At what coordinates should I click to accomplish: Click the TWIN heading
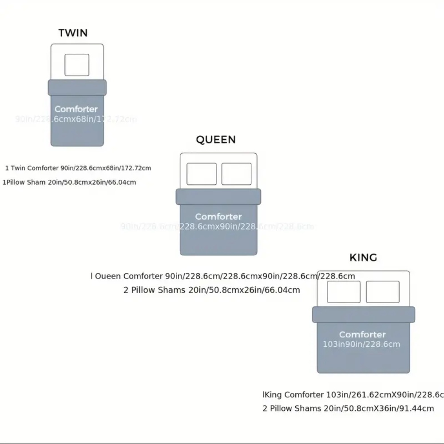73,33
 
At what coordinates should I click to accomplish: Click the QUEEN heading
216,140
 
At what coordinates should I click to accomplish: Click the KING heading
363,258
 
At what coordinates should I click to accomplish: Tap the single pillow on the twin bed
77,65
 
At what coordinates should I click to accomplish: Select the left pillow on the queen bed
202,174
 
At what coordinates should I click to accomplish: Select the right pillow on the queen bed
236,174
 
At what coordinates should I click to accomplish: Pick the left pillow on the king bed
344,292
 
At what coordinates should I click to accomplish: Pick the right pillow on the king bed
382,292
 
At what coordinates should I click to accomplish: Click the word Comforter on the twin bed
76,109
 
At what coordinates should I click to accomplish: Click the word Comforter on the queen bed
218,217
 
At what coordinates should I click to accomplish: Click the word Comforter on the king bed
362,334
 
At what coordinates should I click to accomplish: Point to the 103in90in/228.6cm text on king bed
361,344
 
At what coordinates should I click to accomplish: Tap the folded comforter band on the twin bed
77,87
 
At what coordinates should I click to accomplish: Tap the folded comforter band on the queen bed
218,197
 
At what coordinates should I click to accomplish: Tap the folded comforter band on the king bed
363,314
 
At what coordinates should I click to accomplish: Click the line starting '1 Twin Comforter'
78,168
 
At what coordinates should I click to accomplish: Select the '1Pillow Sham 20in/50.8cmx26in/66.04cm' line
69,182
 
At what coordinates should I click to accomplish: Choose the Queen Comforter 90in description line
223,276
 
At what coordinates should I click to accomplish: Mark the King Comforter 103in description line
353,395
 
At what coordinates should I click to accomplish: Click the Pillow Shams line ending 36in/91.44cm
348,408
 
